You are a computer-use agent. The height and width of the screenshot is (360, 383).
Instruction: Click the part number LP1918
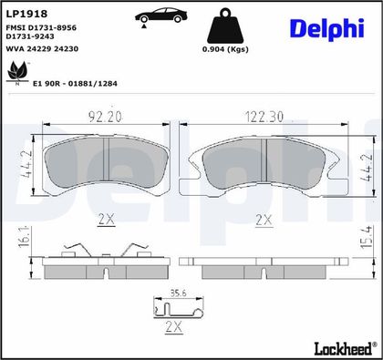tap(26, 14)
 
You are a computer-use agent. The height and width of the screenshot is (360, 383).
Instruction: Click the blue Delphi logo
tap(327, 29)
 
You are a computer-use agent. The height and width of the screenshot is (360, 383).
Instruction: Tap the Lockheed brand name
tap(343, 348)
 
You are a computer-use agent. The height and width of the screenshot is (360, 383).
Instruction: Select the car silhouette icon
tap(160, 16)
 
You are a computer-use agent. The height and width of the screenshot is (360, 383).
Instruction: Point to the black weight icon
tap(225, 26)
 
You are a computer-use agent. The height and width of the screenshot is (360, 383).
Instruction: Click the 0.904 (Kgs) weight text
tap(225, 49)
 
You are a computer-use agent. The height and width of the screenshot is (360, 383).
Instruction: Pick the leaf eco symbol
tap(17, 73)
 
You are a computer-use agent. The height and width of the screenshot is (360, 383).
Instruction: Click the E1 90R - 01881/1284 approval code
tap(75, 84)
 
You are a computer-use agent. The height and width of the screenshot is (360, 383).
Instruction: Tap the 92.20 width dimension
tap(105, 117)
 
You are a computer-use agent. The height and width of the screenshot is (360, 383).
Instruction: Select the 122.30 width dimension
tap(264, 117)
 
